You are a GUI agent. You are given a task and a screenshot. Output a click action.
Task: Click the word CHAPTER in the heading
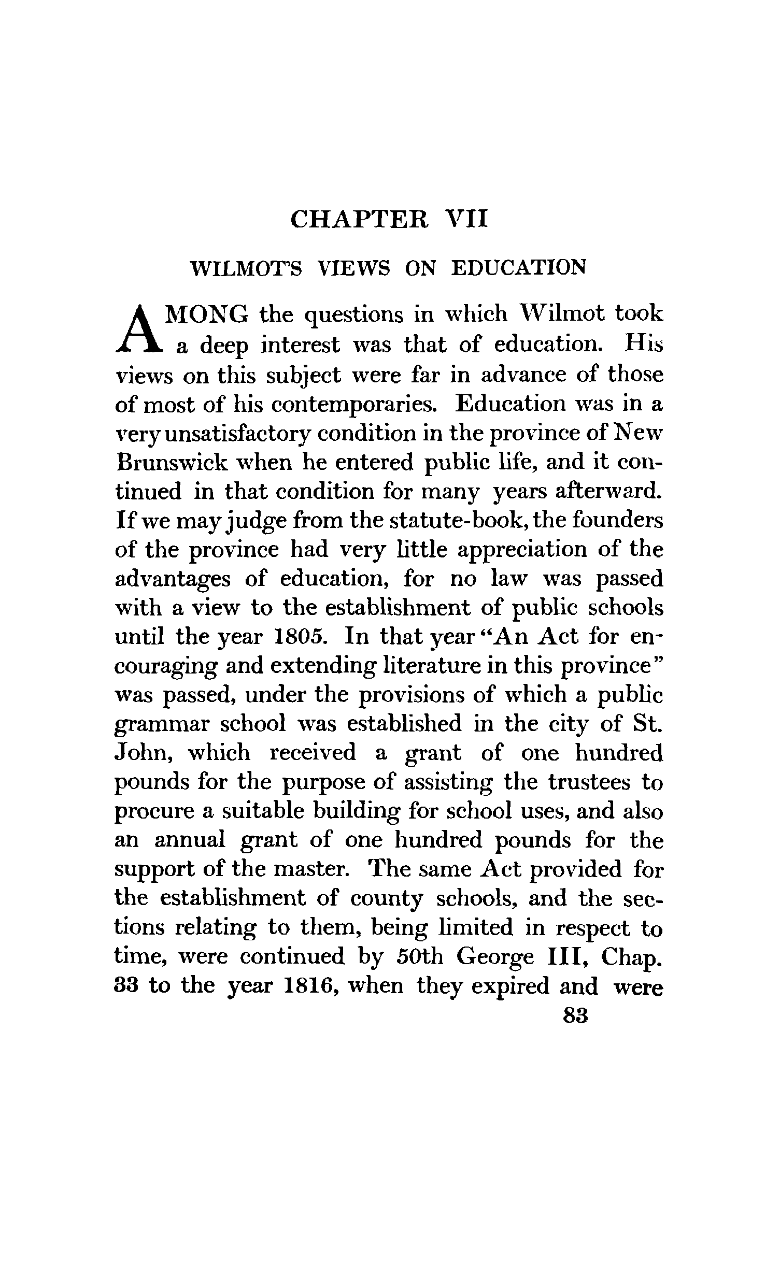pyautogui.click(x=359, y=219)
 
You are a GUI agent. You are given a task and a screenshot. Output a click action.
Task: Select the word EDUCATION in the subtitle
pyautogui.click(x=519, y=268)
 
